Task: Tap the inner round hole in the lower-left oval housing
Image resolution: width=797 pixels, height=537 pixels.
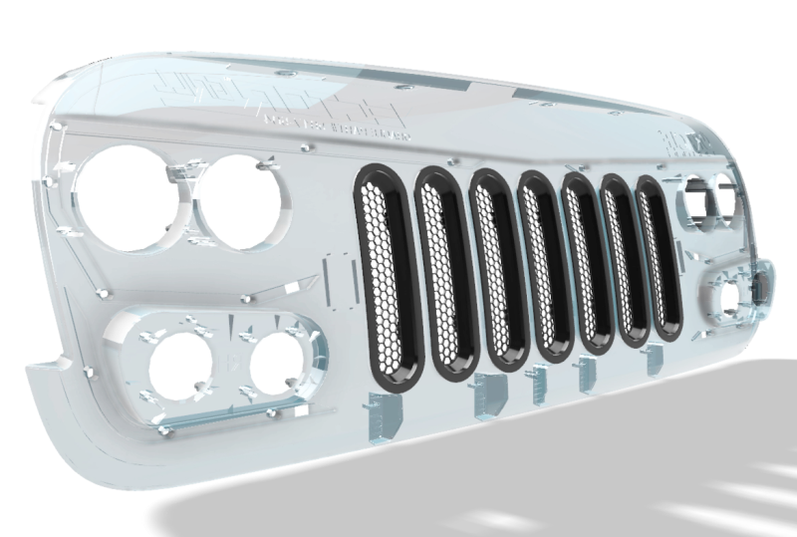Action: (278, 360)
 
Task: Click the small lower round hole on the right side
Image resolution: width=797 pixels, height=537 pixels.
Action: (730, 294)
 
